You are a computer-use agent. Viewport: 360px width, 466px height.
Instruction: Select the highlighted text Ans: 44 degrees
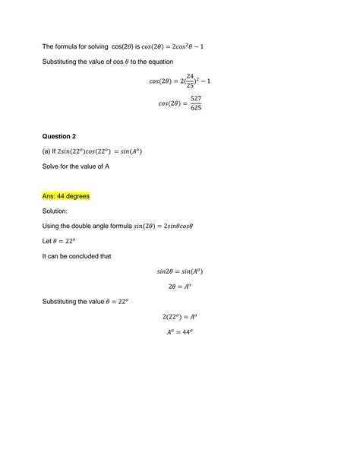(66, 196)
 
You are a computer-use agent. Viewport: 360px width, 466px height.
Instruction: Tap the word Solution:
(55, 211)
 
